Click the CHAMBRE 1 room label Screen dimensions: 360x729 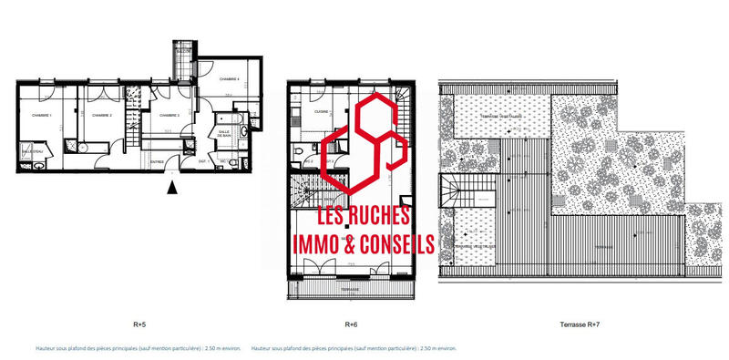(41, 116)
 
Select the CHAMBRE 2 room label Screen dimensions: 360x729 (100, 116)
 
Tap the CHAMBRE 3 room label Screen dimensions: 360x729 (164, 116)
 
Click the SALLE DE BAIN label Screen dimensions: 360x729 (224, 133)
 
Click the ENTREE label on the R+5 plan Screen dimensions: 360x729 (157, 163)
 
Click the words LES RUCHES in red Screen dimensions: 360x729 (364, 216)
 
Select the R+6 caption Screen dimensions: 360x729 (350, 324)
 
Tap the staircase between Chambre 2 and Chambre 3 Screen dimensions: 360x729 (133, 139)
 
